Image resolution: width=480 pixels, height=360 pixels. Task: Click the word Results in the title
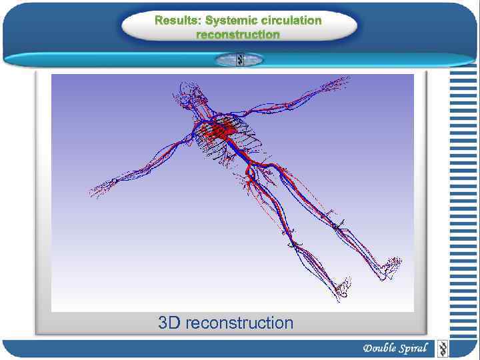(x=177, y=20)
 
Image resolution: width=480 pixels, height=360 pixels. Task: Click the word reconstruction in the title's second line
(x=238, y=34)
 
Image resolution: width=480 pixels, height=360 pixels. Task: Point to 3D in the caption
(x=169, y=323)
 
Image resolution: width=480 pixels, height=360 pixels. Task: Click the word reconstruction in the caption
(x=239, y=323)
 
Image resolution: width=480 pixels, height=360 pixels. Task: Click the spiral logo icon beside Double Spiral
(x=441, y=348)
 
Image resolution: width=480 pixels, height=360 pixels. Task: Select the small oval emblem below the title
(x=239, y=59)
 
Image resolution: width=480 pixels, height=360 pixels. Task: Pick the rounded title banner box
(x=239, y=27)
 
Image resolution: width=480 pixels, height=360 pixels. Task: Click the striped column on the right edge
(x=463, y=200)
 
